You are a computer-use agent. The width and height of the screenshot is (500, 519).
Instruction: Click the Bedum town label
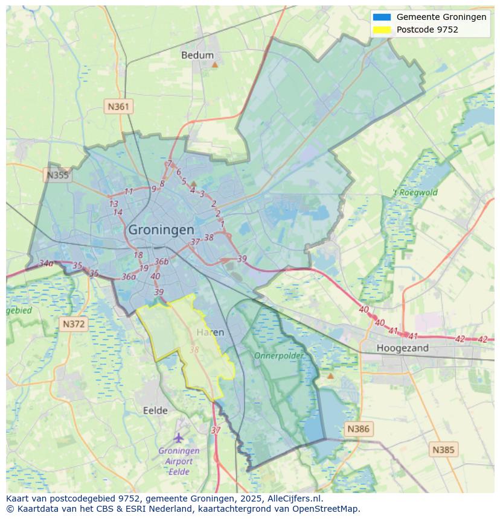point(197,55)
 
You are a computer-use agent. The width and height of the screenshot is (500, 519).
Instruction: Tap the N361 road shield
point(118,107)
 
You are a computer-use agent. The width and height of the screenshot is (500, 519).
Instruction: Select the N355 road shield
point(58,175)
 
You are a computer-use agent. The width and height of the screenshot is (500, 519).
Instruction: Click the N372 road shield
point(74,324)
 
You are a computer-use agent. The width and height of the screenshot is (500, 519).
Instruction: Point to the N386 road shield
point(358,429)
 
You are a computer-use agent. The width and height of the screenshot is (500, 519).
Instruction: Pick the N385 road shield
point(444,450)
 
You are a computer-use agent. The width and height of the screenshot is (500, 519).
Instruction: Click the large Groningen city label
point(161,230)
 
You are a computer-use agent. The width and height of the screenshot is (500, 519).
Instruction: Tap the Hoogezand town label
point(402,348)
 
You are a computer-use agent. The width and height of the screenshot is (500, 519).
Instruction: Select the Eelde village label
point(155,410)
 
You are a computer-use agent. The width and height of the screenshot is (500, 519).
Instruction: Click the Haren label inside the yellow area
point(210,332)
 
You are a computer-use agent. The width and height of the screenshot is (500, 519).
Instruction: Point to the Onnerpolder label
point(278,356)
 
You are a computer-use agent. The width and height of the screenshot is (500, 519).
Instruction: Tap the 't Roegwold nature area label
point(415,193)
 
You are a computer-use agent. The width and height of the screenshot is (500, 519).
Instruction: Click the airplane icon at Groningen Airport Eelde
point(178,438)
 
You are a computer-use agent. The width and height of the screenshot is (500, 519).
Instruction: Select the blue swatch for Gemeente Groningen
point(382,17)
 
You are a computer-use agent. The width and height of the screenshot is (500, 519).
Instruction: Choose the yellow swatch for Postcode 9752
point(382,30)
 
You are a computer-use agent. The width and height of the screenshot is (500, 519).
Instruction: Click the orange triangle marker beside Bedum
point(214,63)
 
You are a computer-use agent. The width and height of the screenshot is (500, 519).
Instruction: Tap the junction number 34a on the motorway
point(46,263)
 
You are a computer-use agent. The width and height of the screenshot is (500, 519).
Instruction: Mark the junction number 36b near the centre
point(161,262)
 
